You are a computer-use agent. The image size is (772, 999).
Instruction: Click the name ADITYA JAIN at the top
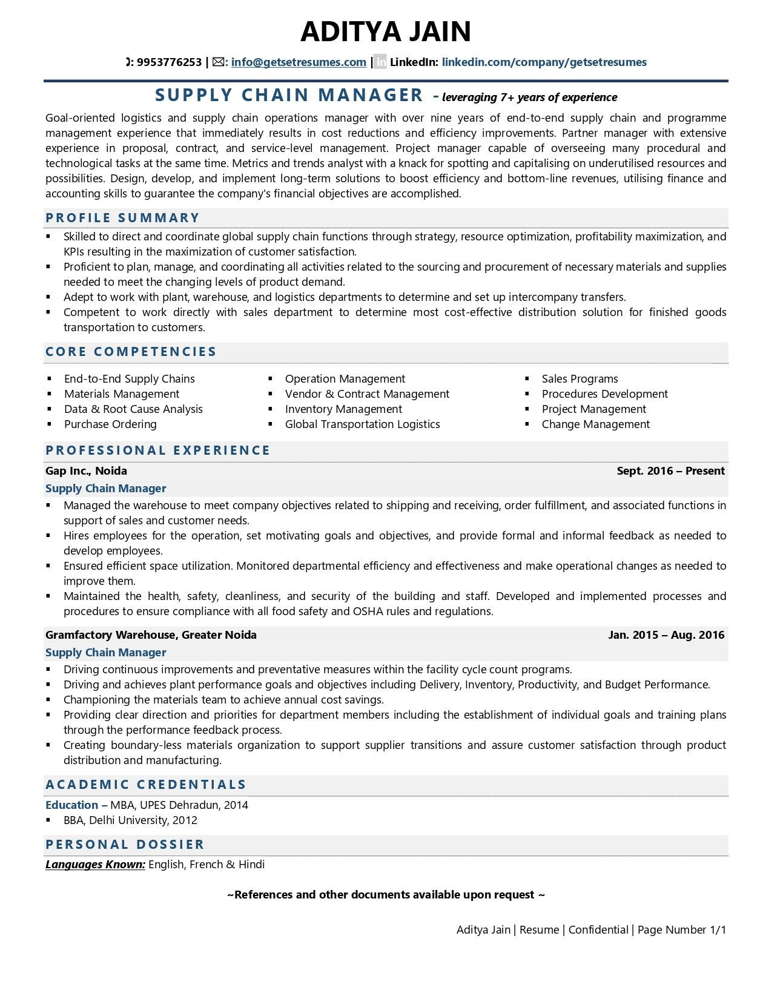tap(386, 31)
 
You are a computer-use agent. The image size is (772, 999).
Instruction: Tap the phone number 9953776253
tap(169, 62)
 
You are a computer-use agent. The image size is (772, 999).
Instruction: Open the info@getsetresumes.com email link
tap(299, 62)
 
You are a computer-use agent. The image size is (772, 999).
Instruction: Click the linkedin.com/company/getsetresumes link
tap(544, 62)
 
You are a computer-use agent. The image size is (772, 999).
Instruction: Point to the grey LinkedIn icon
tap(380, 62)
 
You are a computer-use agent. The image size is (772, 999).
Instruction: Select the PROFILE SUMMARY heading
tap(122, 218)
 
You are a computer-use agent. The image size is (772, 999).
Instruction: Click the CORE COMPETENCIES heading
tap(131, 352)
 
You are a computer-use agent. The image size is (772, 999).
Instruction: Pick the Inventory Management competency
tap(343, 409)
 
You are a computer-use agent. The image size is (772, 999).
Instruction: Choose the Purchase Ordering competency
tap(110, 424)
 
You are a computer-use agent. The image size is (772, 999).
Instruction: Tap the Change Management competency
tap(595, 424)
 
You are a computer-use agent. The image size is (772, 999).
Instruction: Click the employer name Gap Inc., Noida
tap(86, 471)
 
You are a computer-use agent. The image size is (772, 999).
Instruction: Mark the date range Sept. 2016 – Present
tap(670, 471)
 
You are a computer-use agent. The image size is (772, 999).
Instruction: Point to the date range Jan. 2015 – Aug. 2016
tap(666, 635)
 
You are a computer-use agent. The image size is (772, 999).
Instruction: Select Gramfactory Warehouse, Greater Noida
tap(151, 635)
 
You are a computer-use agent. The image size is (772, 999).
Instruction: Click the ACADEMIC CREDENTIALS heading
tap(146, 785)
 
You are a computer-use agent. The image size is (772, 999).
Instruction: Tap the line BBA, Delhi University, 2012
tap(130, 820)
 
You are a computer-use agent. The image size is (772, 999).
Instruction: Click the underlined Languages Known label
tap(95, 865)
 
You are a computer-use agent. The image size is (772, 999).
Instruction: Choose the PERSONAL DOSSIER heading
tap(125, 845)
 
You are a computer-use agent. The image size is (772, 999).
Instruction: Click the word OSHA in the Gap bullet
tap(368, 612)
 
